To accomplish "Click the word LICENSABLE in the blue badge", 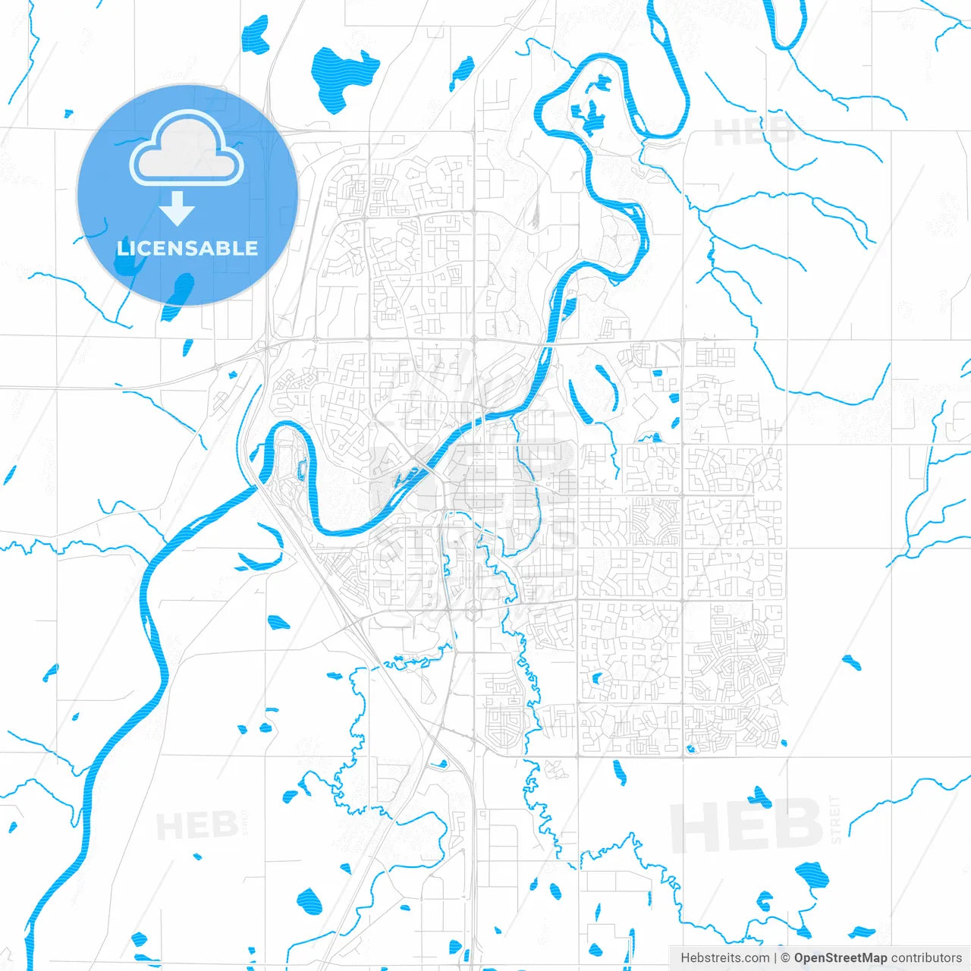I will tap(187, 248).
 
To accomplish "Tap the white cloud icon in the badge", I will tap(187, 149).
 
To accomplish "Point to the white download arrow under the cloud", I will tap(178, 209).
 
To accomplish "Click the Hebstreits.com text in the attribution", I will tap(724, 958).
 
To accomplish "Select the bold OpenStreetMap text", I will tap(840, 958).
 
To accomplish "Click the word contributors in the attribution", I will tap(926, 958).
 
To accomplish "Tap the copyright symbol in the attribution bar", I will tap(785, 958).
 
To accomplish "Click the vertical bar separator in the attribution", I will tap(775, 958).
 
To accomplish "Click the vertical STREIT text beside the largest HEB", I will tap(836, 820).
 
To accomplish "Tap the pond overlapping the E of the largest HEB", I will tap(759, 797).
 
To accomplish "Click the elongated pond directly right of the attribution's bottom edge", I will tap(861, 932).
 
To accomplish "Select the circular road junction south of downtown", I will tap(474, 608).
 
